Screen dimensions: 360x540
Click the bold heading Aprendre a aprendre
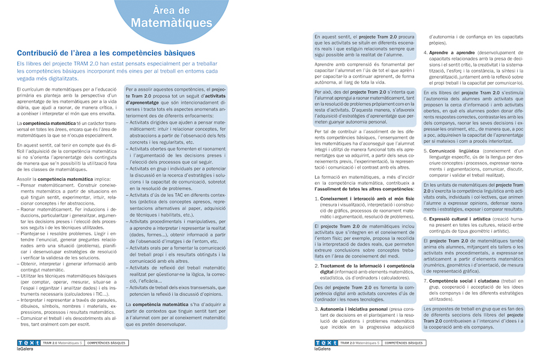tap(450, 53)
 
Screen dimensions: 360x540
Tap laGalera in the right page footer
tap(323, 349)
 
